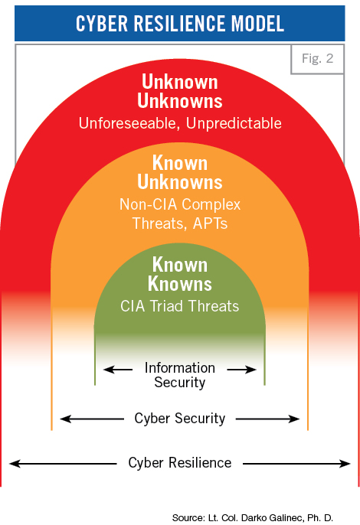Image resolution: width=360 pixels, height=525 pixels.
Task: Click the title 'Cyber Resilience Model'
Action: (x=180, y=24)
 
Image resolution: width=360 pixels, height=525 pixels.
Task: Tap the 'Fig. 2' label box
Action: (x=317, y=59)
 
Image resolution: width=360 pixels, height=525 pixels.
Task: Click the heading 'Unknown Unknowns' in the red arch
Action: (x=180, y=91)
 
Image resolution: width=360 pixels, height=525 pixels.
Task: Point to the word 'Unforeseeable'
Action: (x=127, y=123)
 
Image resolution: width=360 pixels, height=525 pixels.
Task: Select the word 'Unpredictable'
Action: (x=234, y=123)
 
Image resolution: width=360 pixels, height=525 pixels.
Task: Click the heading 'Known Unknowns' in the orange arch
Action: (x=180, y=172)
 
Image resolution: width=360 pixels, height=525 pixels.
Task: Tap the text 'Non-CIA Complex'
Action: (x=180, y=204)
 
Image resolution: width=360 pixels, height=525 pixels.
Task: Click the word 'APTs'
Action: (x=210, y=223)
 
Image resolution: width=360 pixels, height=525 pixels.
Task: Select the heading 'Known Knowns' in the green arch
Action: (x=180, y=274)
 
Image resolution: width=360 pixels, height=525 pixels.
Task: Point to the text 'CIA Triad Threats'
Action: (x=180, y=306)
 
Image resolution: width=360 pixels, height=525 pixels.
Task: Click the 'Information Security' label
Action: (x=180, y=375)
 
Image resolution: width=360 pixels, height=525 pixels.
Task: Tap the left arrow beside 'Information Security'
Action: (x=118, y=370)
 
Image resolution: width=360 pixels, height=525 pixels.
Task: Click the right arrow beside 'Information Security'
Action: (x=242, y=370)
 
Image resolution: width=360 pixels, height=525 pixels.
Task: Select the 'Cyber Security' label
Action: (x=180, y=419)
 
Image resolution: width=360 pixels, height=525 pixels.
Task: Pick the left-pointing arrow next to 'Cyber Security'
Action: (x=92, y=419)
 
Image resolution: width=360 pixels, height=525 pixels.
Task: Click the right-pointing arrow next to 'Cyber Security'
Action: (x=268, y=419)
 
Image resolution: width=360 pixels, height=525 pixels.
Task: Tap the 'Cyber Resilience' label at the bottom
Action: (x=180, y=463)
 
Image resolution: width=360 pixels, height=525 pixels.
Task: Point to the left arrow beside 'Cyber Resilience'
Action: (x=63, y=464)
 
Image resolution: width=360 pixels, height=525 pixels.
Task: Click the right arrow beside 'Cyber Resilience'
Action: (x=296, y=464)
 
